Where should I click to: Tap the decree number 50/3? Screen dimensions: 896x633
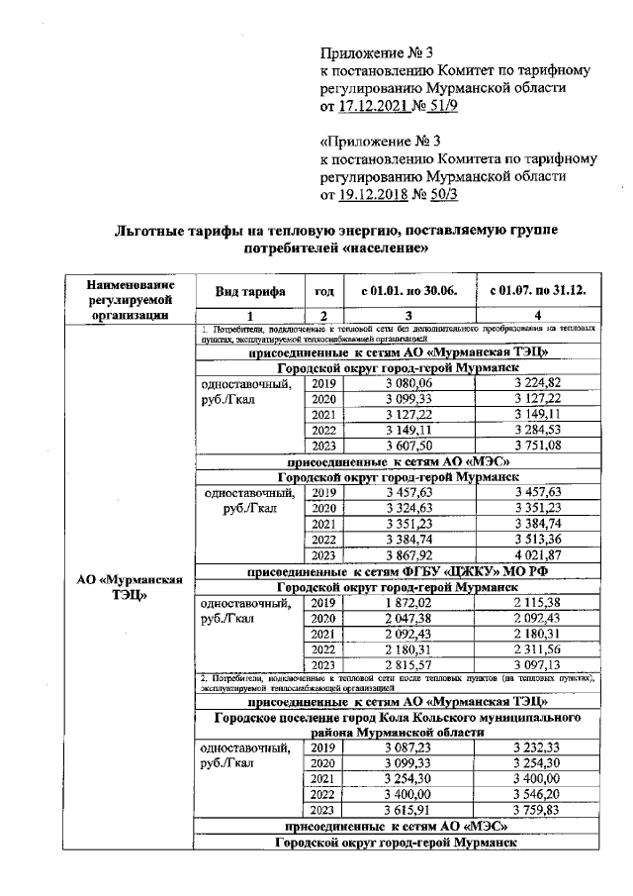pos(441,193)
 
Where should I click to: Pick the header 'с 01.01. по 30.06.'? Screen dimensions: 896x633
pos(407,291)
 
